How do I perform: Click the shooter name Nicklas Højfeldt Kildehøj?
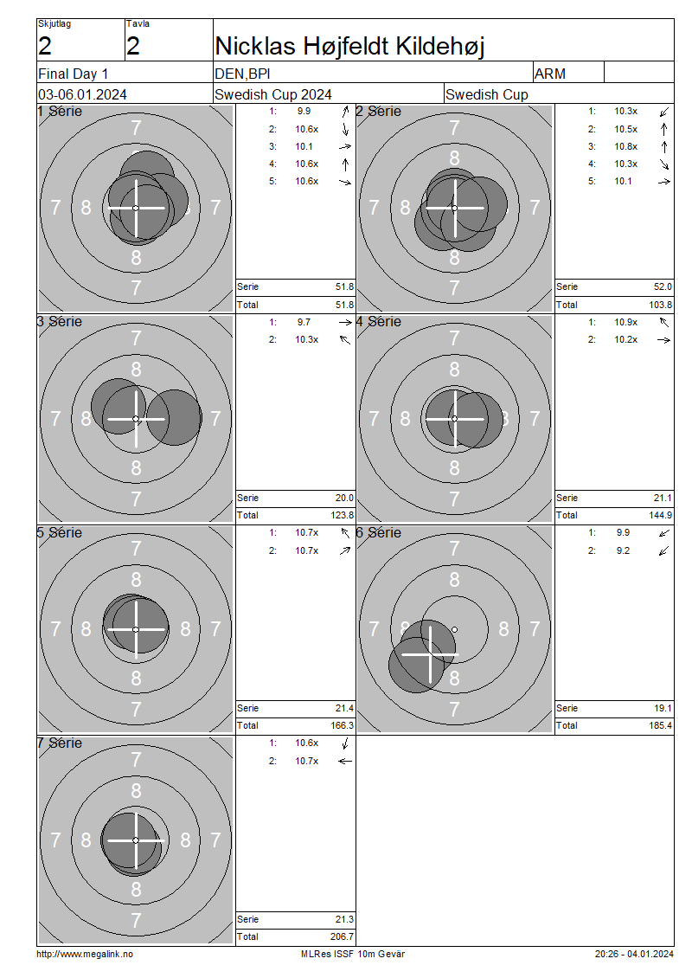[349, 46]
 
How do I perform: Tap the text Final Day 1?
[73, 74]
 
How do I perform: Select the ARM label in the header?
[550, 74]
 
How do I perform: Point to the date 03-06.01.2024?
[82, 95]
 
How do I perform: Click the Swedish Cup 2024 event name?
[273, 95]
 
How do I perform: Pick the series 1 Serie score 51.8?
[345, 287]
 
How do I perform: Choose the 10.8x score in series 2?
[626, 146]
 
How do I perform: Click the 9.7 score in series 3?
[304, 323]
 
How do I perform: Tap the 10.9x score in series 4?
[626, 323]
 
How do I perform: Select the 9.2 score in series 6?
[623, 550]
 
